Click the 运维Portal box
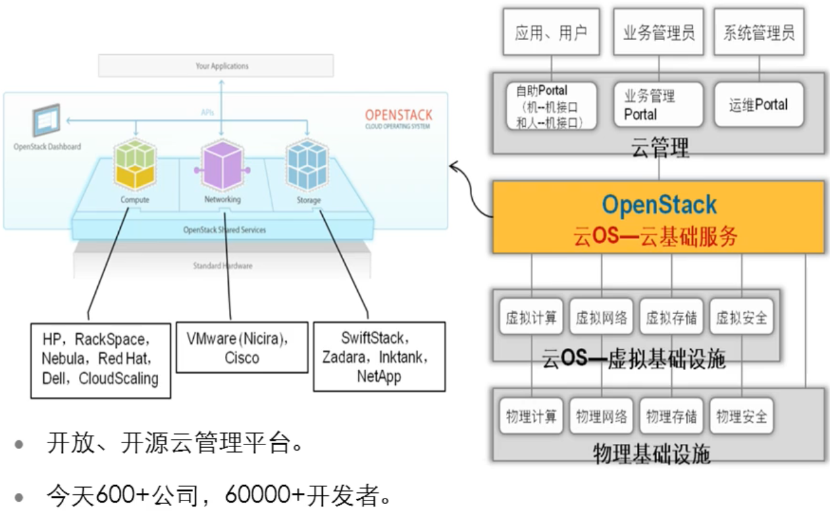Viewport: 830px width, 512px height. pos(758,105)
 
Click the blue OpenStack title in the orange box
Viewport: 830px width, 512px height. pos(658,204)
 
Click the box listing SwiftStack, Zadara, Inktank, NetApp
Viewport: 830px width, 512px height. pos(379,356)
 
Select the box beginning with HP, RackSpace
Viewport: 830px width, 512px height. pos(101,359)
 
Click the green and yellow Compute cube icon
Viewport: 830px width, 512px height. pos(135,165)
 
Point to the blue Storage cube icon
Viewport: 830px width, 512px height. pos(308,165)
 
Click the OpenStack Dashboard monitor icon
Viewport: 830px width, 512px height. pos(47,122)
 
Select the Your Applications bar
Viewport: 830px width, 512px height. pos(216,66)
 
